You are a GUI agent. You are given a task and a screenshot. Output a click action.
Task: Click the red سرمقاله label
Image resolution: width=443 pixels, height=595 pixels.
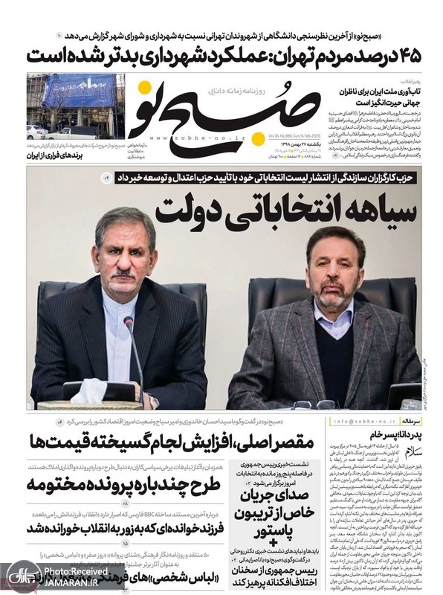pyautogui.click(x=401, y=421)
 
